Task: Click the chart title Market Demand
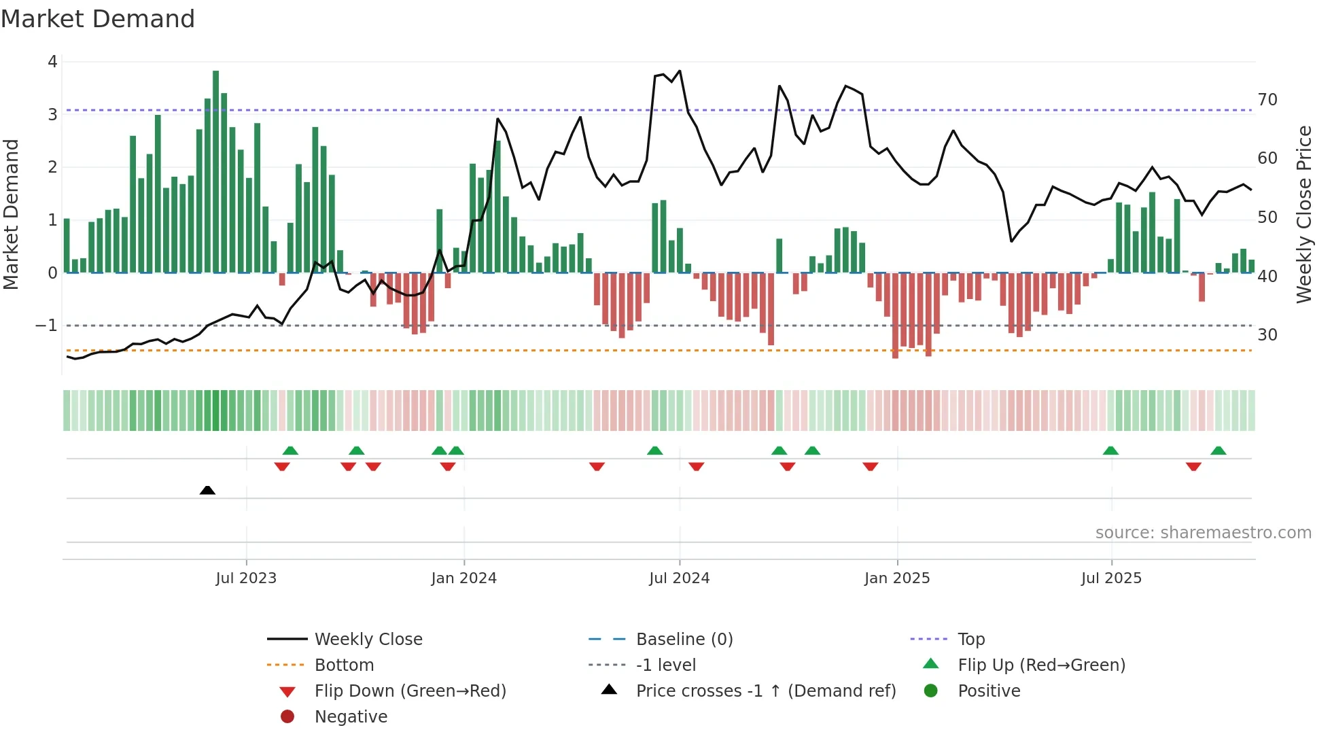click(x=98, y=19)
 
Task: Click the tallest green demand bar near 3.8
click(x=215, y=170)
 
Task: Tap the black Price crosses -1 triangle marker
click(x=207, y=490)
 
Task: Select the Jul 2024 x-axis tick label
click(x=679, y=578)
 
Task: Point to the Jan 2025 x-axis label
click(x=896, y=578)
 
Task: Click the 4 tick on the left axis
click(x=52, y=62)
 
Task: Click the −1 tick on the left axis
click(x=46, y=326)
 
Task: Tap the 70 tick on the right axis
click(x=1267, y=100)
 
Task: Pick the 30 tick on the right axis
click(x=1267, y=334)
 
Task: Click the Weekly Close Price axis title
click(x=1303, y=214)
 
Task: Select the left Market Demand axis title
click(x=11, y=214)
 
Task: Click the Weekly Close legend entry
click(x=368, y=640)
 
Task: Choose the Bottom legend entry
click(x=344, y=665)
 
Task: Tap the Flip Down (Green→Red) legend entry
click(x=410, y=691)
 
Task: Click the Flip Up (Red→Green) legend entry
click(x=1041, y=665)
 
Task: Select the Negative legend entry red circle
click(x=287, y=717)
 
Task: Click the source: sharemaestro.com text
click(x=1203, y=533)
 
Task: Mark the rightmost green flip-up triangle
click(x=1218, y=451)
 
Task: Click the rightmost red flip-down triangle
click(x=1193, y=466)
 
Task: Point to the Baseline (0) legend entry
click(x=684, y=640)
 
